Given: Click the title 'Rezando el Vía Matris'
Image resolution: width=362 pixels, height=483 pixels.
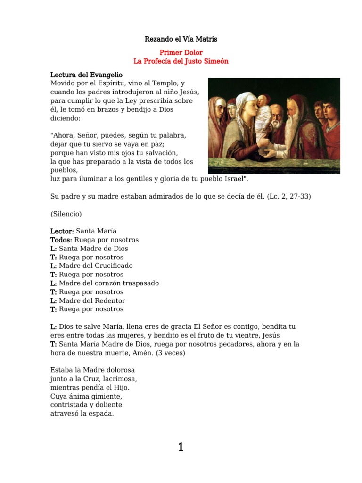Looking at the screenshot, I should click(181, 39).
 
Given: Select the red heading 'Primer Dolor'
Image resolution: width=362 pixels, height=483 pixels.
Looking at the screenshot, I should click(181, 53).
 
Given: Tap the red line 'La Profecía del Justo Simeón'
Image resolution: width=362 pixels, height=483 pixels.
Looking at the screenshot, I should click(181, 62).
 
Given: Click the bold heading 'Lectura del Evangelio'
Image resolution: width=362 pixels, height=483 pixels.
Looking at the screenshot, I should click(86, 75).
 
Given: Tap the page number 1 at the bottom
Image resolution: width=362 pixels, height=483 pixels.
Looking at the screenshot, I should click(181, 447).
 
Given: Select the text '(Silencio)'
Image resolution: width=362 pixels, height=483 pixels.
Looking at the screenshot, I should click(66, 214).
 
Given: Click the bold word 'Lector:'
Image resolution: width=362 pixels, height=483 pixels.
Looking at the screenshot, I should click(62, 231).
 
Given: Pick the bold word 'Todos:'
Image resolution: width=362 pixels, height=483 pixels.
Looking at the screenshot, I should click(61, 240).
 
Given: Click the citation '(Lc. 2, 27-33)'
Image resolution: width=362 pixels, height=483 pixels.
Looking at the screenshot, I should click(288, 196).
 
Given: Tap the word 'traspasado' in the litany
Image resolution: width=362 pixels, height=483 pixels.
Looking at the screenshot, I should click(138, 283).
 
